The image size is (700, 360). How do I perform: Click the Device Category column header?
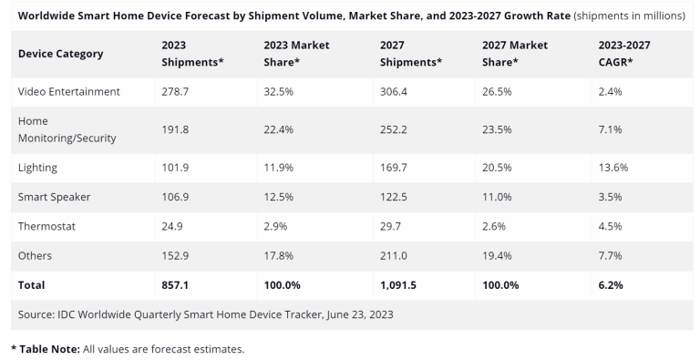[60, 53]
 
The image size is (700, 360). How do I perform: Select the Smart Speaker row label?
[56, 197]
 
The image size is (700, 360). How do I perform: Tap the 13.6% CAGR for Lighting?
[612, 168]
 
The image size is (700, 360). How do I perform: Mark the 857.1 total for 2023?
[175, 285]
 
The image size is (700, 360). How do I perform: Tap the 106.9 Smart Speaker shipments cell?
[175, 197]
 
